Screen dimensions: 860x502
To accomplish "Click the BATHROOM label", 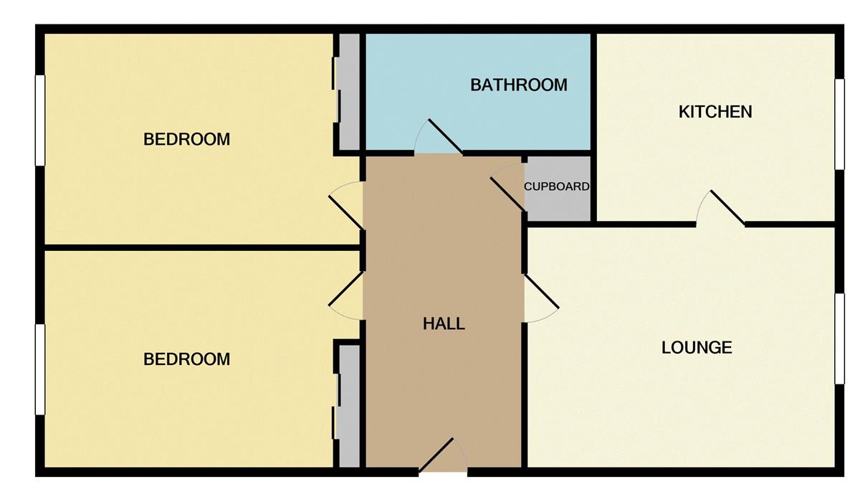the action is click(x=519, y=85).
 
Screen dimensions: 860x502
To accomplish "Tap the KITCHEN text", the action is click(x=715, y=112).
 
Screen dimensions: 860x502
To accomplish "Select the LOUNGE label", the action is click(x=697, y=348).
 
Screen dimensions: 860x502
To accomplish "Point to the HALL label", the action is click(x=444, y=323).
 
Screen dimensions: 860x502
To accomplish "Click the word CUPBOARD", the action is click(x=557, y=186).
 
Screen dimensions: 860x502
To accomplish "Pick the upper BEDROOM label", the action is click(x=186, y=139).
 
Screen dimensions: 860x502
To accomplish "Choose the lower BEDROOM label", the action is click(x=186, y=359).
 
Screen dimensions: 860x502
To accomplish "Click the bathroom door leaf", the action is click(x=445, y=136).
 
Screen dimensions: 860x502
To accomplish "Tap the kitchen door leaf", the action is click(x=727, y=207).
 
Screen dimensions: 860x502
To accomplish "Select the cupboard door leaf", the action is click(x=508, y=194).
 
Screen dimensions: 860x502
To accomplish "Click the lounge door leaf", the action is click(x=541, y=291).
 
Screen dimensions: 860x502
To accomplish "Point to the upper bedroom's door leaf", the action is click(x=346, y=213).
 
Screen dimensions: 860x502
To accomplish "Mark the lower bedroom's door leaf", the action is click(x=346, y=289).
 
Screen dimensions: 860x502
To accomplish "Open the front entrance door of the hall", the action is click(x=436, y=455).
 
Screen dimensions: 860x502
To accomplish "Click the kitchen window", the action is click(x=840, y=124).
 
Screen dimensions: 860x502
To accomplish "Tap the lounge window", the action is click(x=840, y=338).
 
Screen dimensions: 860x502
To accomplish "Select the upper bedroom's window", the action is click(x=40, y=120).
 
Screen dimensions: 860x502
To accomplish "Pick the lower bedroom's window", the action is click(x=40, y=369).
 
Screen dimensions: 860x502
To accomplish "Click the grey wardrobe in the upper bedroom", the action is click(x=349, y=92).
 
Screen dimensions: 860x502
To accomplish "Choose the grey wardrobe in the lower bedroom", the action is click(x=349, y=407).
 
